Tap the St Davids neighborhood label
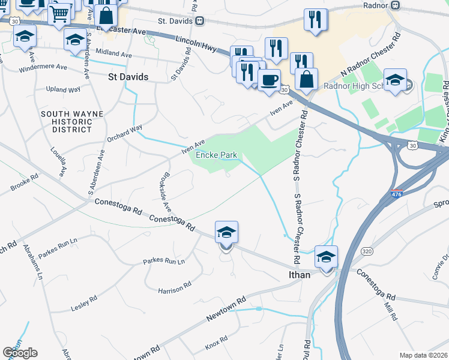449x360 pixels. pos(128,77)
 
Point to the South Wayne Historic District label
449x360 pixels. pos(71,121)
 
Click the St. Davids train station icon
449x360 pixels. pos(199,20)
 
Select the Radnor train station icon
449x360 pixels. pos(395,5)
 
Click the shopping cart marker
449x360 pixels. pos(59,13)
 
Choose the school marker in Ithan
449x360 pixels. pos(326,257)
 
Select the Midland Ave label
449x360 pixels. pos(113,55)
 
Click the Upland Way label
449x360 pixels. pos(63,89)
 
